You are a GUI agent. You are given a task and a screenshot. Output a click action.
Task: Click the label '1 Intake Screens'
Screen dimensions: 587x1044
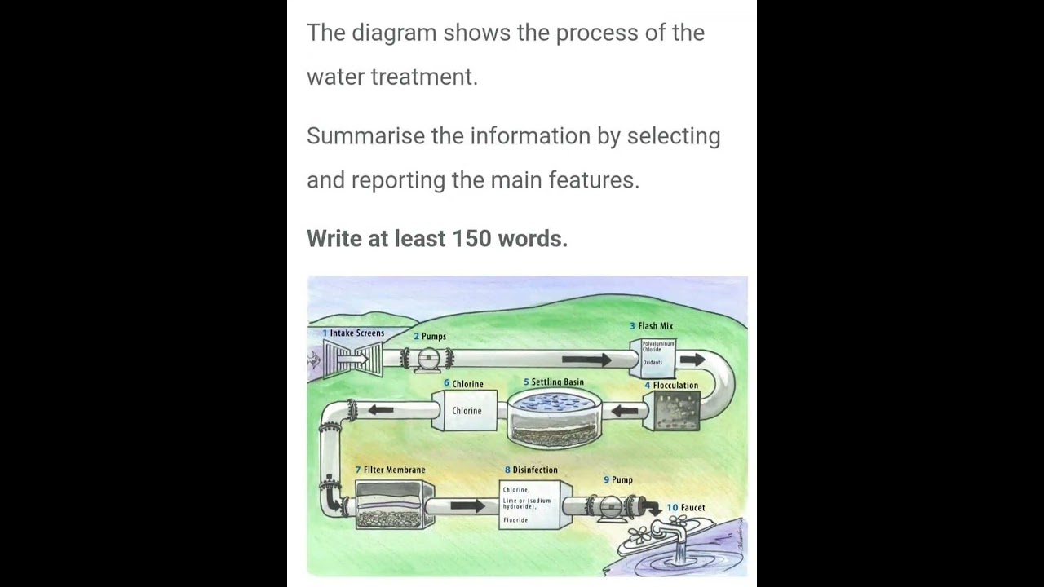click(x=353, y=333)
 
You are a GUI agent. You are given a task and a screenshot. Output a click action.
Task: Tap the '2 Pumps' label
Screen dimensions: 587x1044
click(x=430, y=337)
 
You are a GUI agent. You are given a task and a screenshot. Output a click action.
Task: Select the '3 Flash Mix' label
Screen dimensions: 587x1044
click(x=651, y=326)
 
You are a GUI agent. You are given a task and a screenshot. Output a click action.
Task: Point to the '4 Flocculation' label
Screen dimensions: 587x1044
click(x=671, y=386)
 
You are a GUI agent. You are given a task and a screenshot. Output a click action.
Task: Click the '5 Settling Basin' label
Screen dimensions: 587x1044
click(x=554, y=382)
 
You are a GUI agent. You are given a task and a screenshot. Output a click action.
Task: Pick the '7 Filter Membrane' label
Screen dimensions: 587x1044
click(x=390, y=470)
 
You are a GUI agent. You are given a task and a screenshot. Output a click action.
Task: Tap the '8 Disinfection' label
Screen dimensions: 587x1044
click(x=531, y=470)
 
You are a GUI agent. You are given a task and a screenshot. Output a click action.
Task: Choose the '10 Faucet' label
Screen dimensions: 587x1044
click(x=686, y=508)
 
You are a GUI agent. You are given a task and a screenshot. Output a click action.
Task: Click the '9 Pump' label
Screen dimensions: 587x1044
click(x=618, y=480)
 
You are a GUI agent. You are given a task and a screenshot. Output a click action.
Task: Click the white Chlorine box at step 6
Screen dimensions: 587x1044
click(x=467, y=411)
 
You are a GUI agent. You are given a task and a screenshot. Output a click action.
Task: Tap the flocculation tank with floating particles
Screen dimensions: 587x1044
click(x=671, y=411)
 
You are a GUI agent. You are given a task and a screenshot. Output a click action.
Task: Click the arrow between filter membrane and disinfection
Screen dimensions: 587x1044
click(x=467, y=506)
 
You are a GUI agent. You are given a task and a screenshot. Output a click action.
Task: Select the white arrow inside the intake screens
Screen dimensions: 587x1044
click(x=352, y=359)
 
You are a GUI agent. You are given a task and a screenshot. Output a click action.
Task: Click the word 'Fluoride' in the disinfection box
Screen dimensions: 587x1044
click(x=515, y=520)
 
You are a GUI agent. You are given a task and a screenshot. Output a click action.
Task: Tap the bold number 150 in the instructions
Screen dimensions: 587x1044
click(x=471, y=239)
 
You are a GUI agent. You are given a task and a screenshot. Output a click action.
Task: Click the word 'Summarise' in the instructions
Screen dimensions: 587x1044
click(x=365, y=136)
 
